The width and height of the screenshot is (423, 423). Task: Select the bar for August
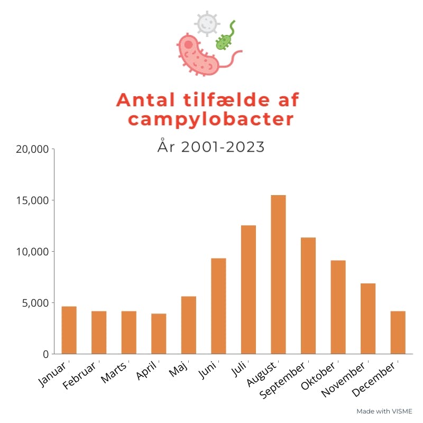[x=278, y=274]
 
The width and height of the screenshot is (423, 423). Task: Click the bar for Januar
[x=69, y=330]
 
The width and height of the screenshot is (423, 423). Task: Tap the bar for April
[x=159, y=334]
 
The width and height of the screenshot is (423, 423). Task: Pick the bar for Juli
[x=249, y=289]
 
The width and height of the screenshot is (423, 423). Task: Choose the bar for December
[x=398, y=332]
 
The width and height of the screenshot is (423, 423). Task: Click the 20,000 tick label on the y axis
[x=32, y=150]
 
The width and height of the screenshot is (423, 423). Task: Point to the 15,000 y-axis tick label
[x=32, y=201]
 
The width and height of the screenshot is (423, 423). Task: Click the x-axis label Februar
[x=80, y=376]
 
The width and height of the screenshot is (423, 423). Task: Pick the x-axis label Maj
[x=179, y=369]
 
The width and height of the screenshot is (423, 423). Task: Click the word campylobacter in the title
[x=210, y=119]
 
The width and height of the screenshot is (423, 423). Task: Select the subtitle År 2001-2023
[x=211, y=147]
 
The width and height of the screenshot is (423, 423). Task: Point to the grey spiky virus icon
[x=206, y=23]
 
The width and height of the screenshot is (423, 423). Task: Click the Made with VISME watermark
[x=384, y=411]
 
